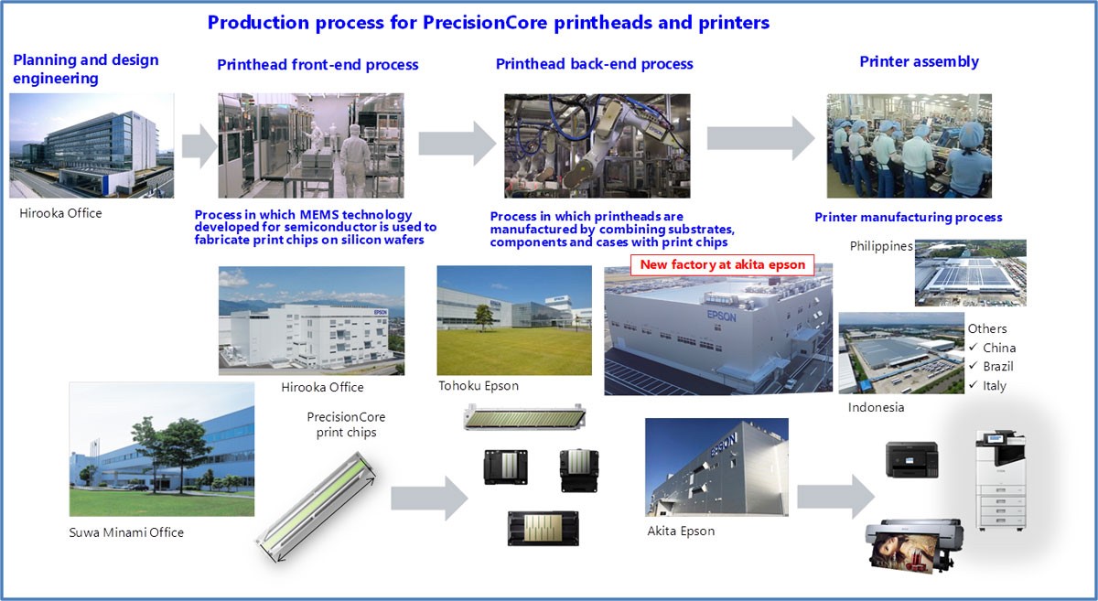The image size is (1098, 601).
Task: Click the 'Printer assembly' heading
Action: click(x=919, y=62)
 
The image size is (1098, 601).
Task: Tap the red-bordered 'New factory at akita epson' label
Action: click(x=722, y=264)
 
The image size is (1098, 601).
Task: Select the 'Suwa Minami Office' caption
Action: click(x=126, y=532)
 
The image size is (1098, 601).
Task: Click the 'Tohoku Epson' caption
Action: click(x=479, y=386)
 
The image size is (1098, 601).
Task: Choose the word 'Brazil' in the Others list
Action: click(x=997, y=367)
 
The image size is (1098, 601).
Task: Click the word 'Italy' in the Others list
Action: click(x=994, y=386)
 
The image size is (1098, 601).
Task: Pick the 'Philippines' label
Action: click(x=881, y=247)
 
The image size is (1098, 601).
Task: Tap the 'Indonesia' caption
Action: click(x=876, y=407)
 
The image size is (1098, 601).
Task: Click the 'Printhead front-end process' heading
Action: click(x=318, y=65)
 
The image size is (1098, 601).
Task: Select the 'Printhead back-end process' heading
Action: click(x=594, y=64)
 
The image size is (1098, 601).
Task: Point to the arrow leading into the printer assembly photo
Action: click(x=759, y=138)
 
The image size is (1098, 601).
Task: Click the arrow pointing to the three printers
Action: click(x=834, y=497)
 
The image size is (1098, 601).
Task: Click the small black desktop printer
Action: click(x=911, y=459)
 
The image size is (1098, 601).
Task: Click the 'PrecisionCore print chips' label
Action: click(x=341, y=424)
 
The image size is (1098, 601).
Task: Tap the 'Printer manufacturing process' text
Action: click(x=909, y=218)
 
